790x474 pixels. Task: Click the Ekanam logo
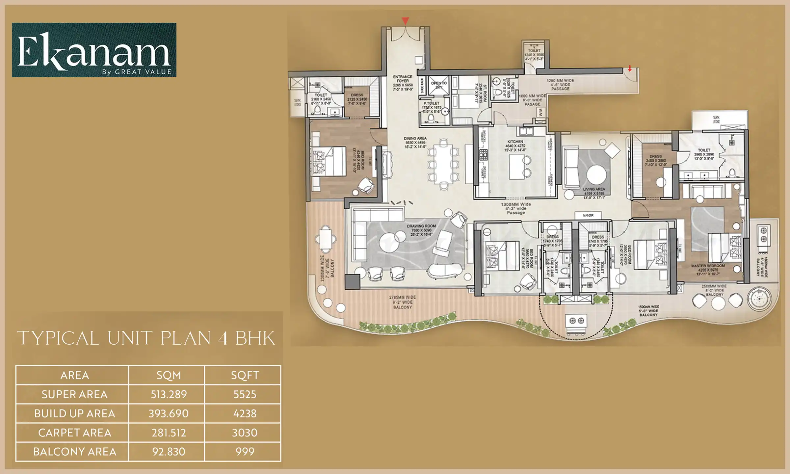pyautogui.click(x=94, y=50)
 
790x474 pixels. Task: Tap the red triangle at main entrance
pyautogui.click(x=405, y=21)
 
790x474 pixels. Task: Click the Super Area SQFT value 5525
pyautogui.click(x=245, y=394)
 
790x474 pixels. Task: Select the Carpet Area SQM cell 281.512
pyautogui.click(x=169, y=433)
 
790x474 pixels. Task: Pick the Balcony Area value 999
pyautogui.click(x=245, y=452)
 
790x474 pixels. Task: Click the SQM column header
pyautogui.click(x=169, y=375)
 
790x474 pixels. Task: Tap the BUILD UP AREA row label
pyautogui.click(x=74, y=413)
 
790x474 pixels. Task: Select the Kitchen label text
pyautogui.click(x=515, y=142)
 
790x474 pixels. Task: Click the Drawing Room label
pyautogui.click(x=421, y=226)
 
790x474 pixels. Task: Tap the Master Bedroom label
pyautogui.click(x=708, y=266)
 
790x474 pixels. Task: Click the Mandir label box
pyautogui.click(x=588, y=215)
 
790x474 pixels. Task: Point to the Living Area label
pyautogui.click(x=594, y=189)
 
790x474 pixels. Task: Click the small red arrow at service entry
pyautogui.click(x=630, y=68)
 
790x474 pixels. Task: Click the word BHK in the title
pyautogui.click(x=255, y=338)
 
